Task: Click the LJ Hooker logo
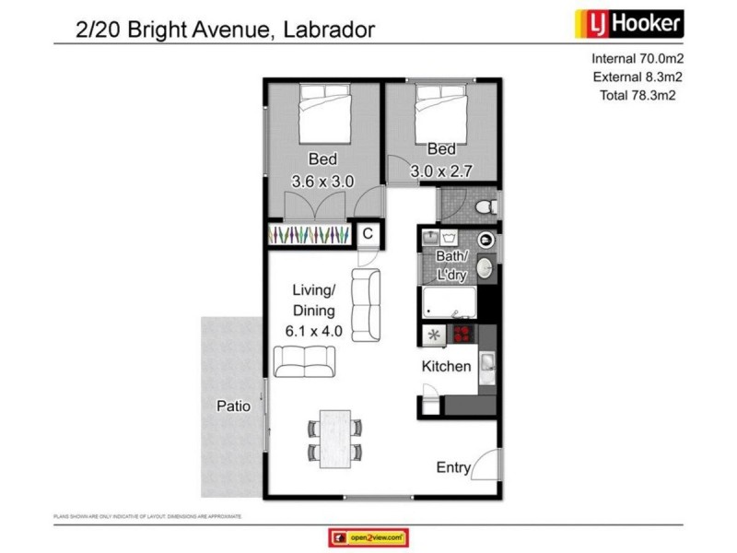click(629, 21)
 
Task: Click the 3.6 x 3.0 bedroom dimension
click(322, 182)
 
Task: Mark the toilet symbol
click(487, 206)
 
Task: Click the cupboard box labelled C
click(367, 234)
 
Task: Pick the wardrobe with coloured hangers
click(308, 235)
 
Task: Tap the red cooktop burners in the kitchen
click(460, 335)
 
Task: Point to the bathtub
click(449, 302)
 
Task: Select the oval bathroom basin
click(485, 270)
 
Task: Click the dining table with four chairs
click(333, 436)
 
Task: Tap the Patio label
click(234, 406)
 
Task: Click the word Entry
click(453, 468)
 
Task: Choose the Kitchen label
click(446, 367)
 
